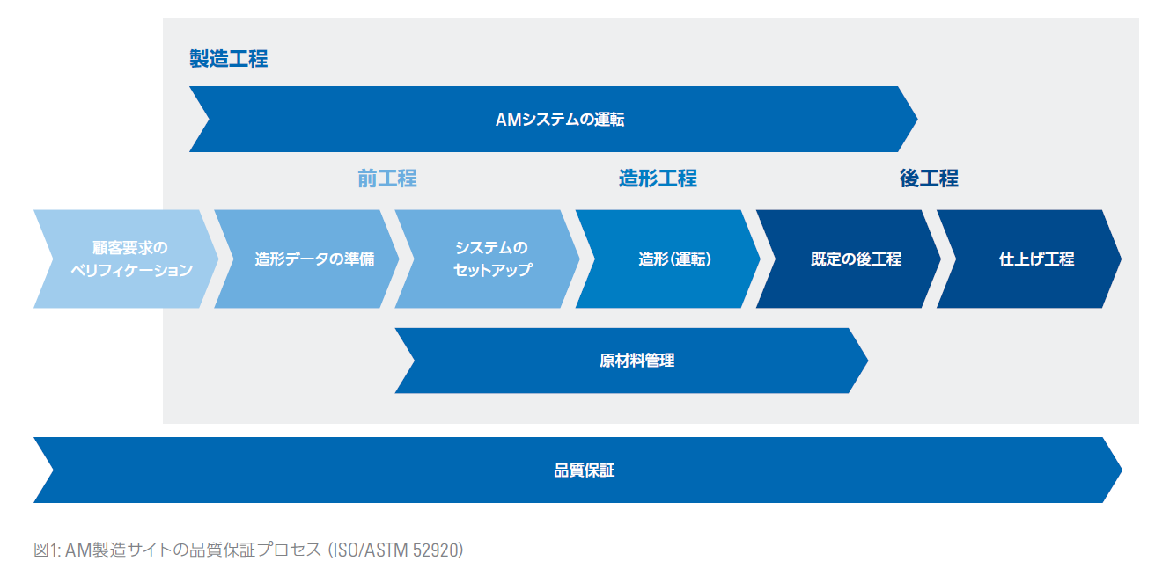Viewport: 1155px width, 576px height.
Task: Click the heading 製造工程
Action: (x=229, y=59)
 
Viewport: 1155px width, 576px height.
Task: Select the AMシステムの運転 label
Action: (x=560, y=120)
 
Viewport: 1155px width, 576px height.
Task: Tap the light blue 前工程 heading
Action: (x=386, y=179)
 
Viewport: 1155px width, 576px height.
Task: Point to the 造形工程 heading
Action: (x=658, y=179)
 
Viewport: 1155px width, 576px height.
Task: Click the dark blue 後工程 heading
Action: (x=929, y=179)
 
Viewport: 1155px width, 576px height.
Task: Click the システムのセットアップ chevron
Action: (x=489, y=259)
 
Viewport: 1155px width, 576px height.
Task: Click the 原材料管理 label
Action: (x=631, y=361)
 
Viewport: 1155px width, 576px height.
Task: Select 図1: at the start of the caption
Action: (x=47, y=550)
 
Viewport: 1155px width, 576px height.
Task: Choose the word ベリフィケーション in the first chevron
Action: (x=131, y=270)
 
